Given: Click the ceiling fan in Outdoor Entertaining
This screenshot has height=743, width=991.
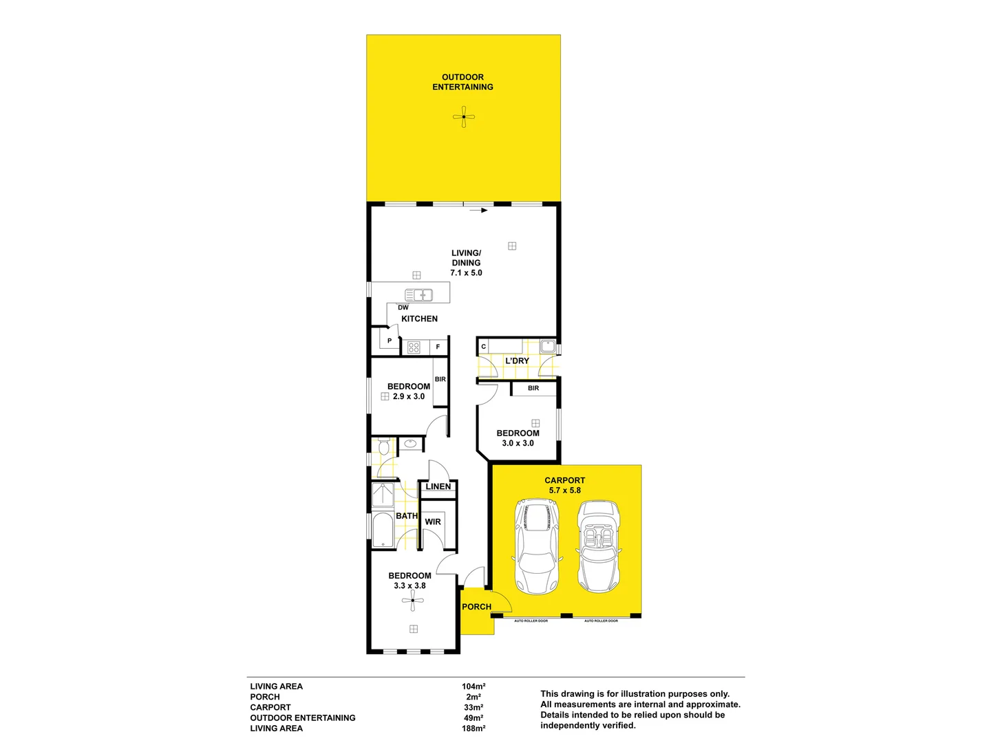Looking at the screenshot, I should pyautogui.click(x=464, y=117).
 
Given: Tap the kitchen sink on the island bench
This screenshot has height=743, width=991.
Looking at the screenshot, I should pyautogui.click(x=418, y=295).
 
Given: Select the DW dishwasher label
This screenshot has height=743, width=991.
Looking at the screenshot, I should pyautogui.click(x=403, y=308).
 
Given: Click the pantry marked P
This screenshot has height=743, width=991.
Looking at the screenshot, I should pyautogui.click(x=390, y=341).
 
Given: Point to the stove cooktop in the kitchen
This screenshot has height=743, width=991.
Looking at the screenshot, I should pyautogui.click(x=414, y=347).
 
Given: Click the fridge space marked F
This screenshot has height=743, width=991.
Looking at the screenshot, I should pyautogui.click(x=438, y=347).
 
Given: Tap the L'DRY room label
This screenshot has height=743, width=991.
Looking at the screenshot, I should pyautogui.click(x=517, y=360).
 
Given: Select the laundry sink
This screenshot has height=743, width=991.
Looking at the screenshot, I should pyautogui.click(x=547, y=346).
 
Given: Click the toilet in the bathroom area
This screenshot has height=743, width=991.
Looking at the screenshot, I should pyautogui.click(x=383, y=448).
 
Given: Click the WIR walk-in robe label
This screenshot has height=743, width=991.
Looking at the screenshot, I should pyautogui.click(x=433, y=521).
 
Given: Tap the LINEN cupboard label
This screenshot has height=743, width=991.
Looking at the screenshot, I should pyautogui.click(x=438, y=486).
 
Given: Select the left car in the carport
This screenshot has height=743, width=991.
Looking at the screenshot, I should pyautogui.click(x=536, y=547).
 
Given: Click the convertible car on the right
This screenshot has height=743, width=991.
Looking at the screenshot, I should pyautogui.click(x=598, y=547).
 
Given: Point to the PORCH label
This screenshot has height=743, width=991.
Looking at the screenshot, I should pyautogui.click(x=476, y=607).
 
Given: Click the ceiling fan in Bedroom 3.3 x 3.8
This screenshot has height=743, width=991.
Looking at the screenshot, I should pyautogui.click(x=413, y=601).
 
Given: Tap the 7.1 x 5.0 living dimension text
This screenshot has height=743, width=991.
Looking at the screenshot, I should pyautogui.click(x=466, y=273).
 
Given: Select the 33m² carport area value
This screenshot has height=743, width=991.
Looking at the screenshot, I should pyautogui.click(x=473, y=707).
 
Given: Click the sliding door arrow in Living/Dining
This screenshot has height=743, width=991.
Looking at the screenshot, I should pyautogui.click(x=479, y=211).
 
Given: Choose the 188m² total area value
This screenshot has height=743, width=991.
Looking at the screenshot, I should pyautogui.click(x=473, y=729).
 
